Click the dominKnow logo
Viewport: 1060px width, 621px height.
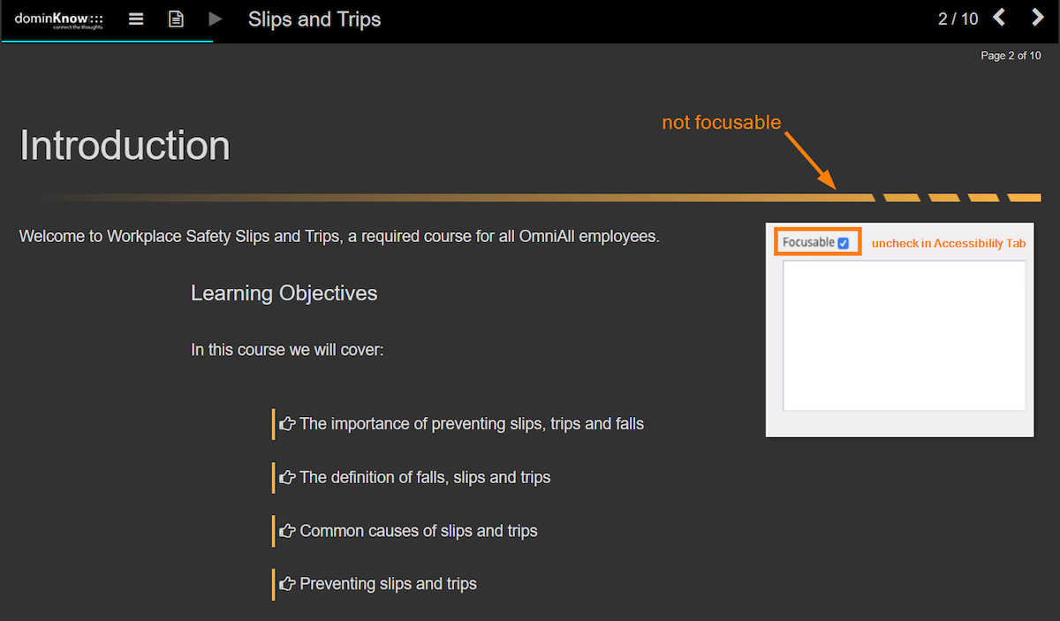tap(58, 20)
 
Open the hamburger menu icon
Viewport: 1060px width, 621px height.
tap(136, 19)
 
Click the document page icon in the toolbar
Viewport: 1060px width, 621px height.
tap(176, 19)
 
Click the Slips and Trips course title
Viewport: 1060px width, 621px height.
tap(314, 19)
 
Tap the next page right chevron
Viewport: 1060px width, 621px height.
tap(1037, 18)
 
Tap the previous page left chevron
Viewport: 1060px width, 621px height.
tap(999, 18)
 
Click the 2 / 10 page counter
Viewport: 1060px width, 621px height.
tap(958, 19)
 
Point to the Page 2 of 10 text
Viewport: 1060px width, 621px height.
tap(1011, 56)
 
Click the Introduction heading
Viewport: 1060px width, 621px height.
tap(125, 146)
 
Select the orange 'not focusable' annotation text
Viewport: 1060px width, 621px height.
tap(721, 123)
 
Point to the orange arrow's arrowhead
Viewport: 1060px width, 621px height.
tap(829, 181)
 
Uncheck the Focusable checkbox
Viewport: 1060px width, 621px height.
tap(844, 243)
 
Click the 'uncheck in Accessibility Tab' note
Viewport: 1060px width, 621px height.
tap(949, 243)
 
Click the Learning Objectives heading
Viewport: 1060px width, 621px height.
tap(284, 293)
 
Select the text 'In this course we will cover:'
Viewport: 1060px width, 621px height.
tap(287, 350)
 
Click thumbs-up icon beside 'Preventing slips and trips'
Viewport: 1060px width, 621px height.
tap(287, 584)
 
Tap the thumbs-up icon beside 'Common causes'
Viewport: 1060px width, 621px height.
tap(287, 531)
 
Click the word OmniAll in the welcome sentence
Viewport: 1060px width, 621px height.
tap(547, 236)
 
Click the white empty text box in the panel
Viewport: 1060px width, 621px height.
tap(905, 336)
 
